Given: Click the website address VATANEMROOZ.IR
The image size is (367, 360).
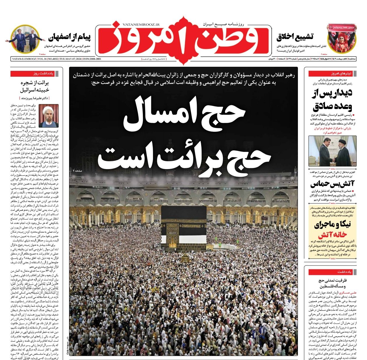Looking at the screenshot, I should (139, 25).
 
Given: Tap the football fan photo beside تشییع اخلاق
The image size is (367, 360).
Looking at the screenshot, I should (341, 38).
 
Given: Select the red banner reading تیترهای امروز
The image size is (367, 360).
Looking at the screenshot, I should (332, 73).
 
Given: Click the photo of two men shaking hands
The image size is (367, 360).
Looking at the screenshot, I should (332, 151).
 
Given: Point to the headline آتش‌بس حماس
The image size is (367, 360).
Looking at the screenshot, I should (332, 184).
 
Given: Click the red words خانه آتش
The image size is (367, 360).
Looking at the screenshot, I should (332, 235).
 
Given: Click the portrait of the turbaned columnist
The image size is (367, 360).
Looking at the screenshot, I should (49, 116).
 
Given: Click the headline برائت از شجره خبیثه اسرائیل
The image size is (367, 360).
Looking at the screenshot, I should (34, 86).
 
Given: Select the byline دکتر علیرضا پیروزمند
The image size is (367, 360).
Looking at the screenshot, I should (34, 98).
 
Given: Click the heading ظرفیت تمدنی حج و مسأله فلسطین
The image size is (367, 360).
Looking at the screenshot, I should (332, 283).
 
